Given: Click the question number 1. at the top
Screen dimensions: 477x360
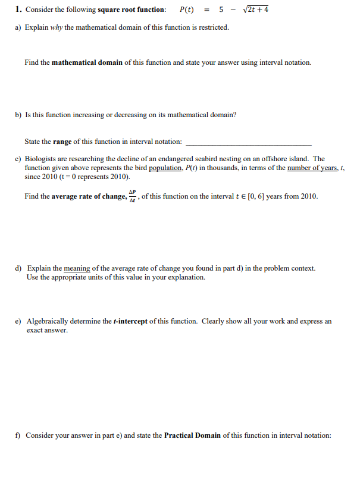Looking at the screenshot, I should pos(18,10).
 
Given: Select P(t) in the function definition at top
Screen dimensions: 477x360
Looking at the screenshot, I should pos(187,10).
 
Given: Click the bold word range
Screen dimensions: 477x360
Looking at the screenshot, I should pos(62,142).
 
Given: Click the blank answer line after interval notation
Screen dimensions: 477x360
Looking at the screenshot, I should pos(248,144).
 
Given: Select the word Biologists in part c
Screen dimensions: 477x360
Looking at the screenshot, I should pos(39,159).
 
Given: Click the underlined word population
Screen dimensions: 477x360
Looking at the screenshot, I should pos(164,168).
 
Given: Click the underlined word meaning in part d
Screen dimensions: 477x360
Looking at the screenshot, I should pos(77,268).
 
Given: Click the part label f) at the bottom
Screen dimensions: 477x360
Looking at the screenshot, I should pos(18,435).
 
